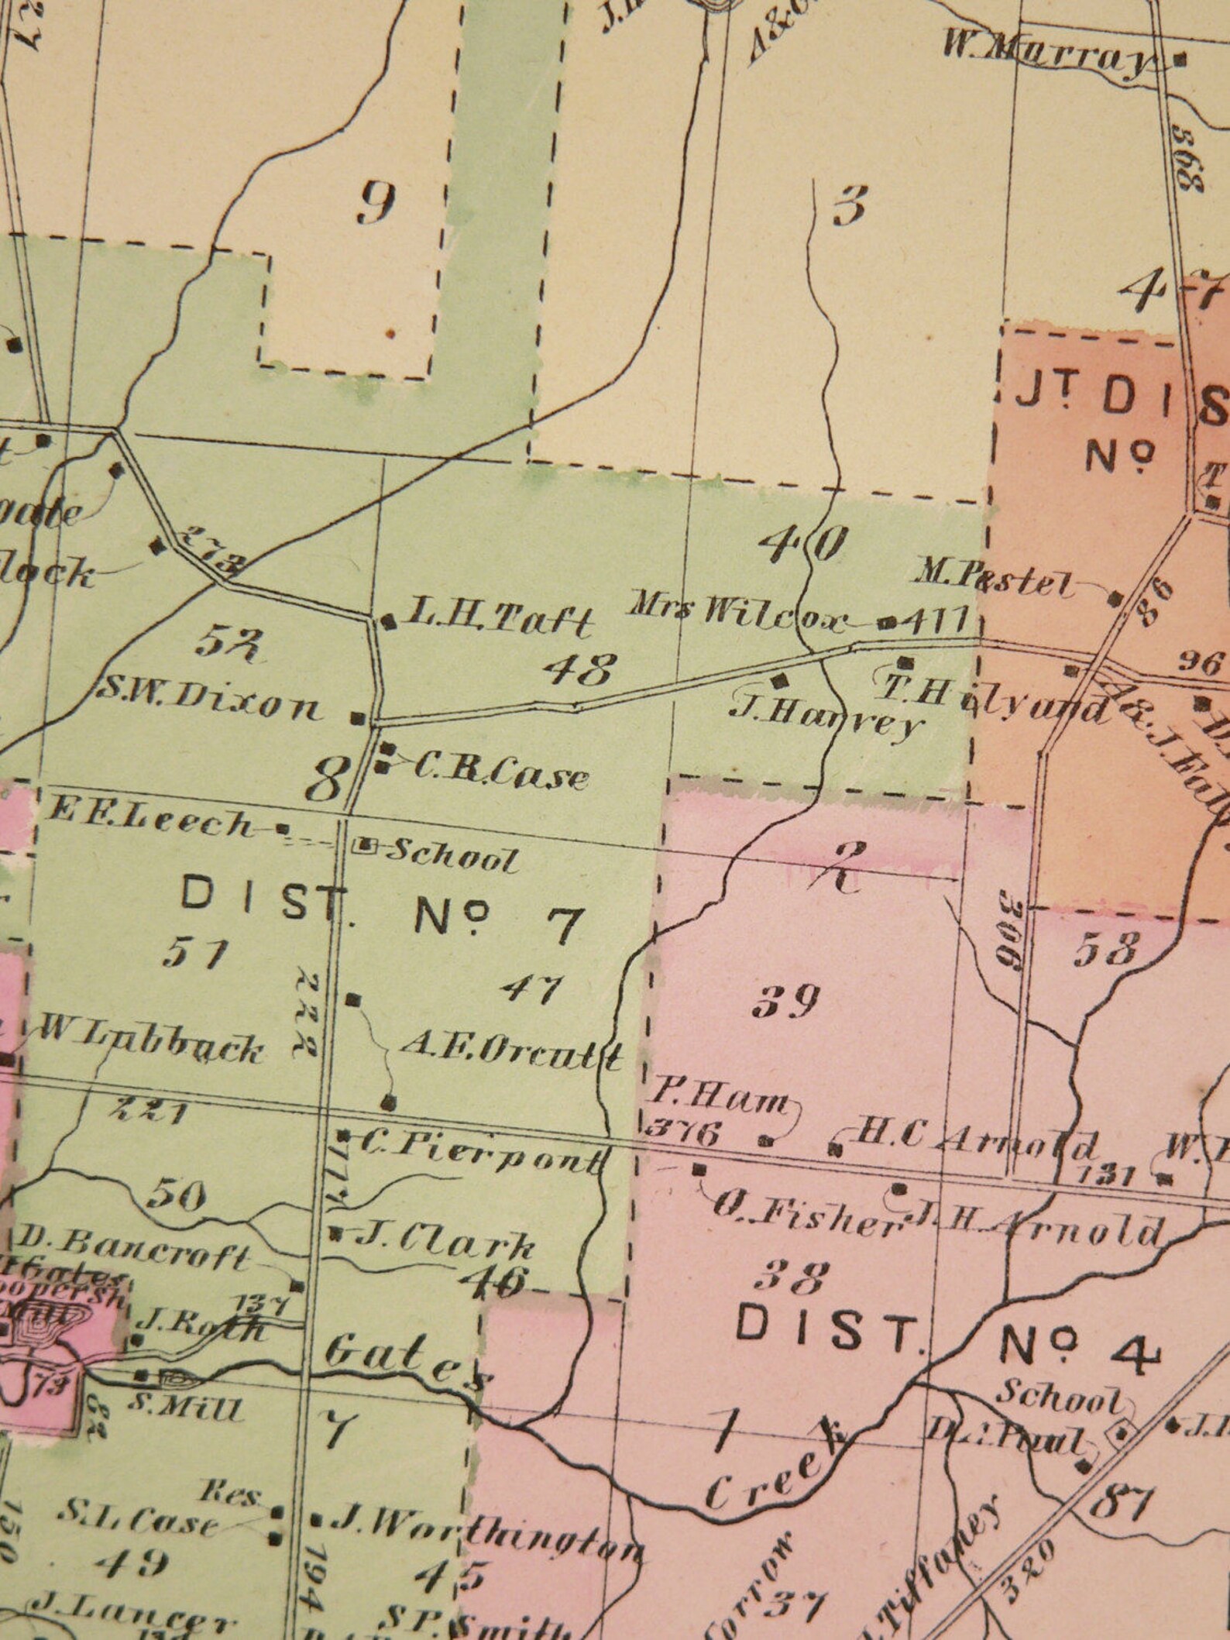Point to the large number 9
(x=377, y=205)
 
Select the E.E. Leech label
(x=150, y=825)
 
